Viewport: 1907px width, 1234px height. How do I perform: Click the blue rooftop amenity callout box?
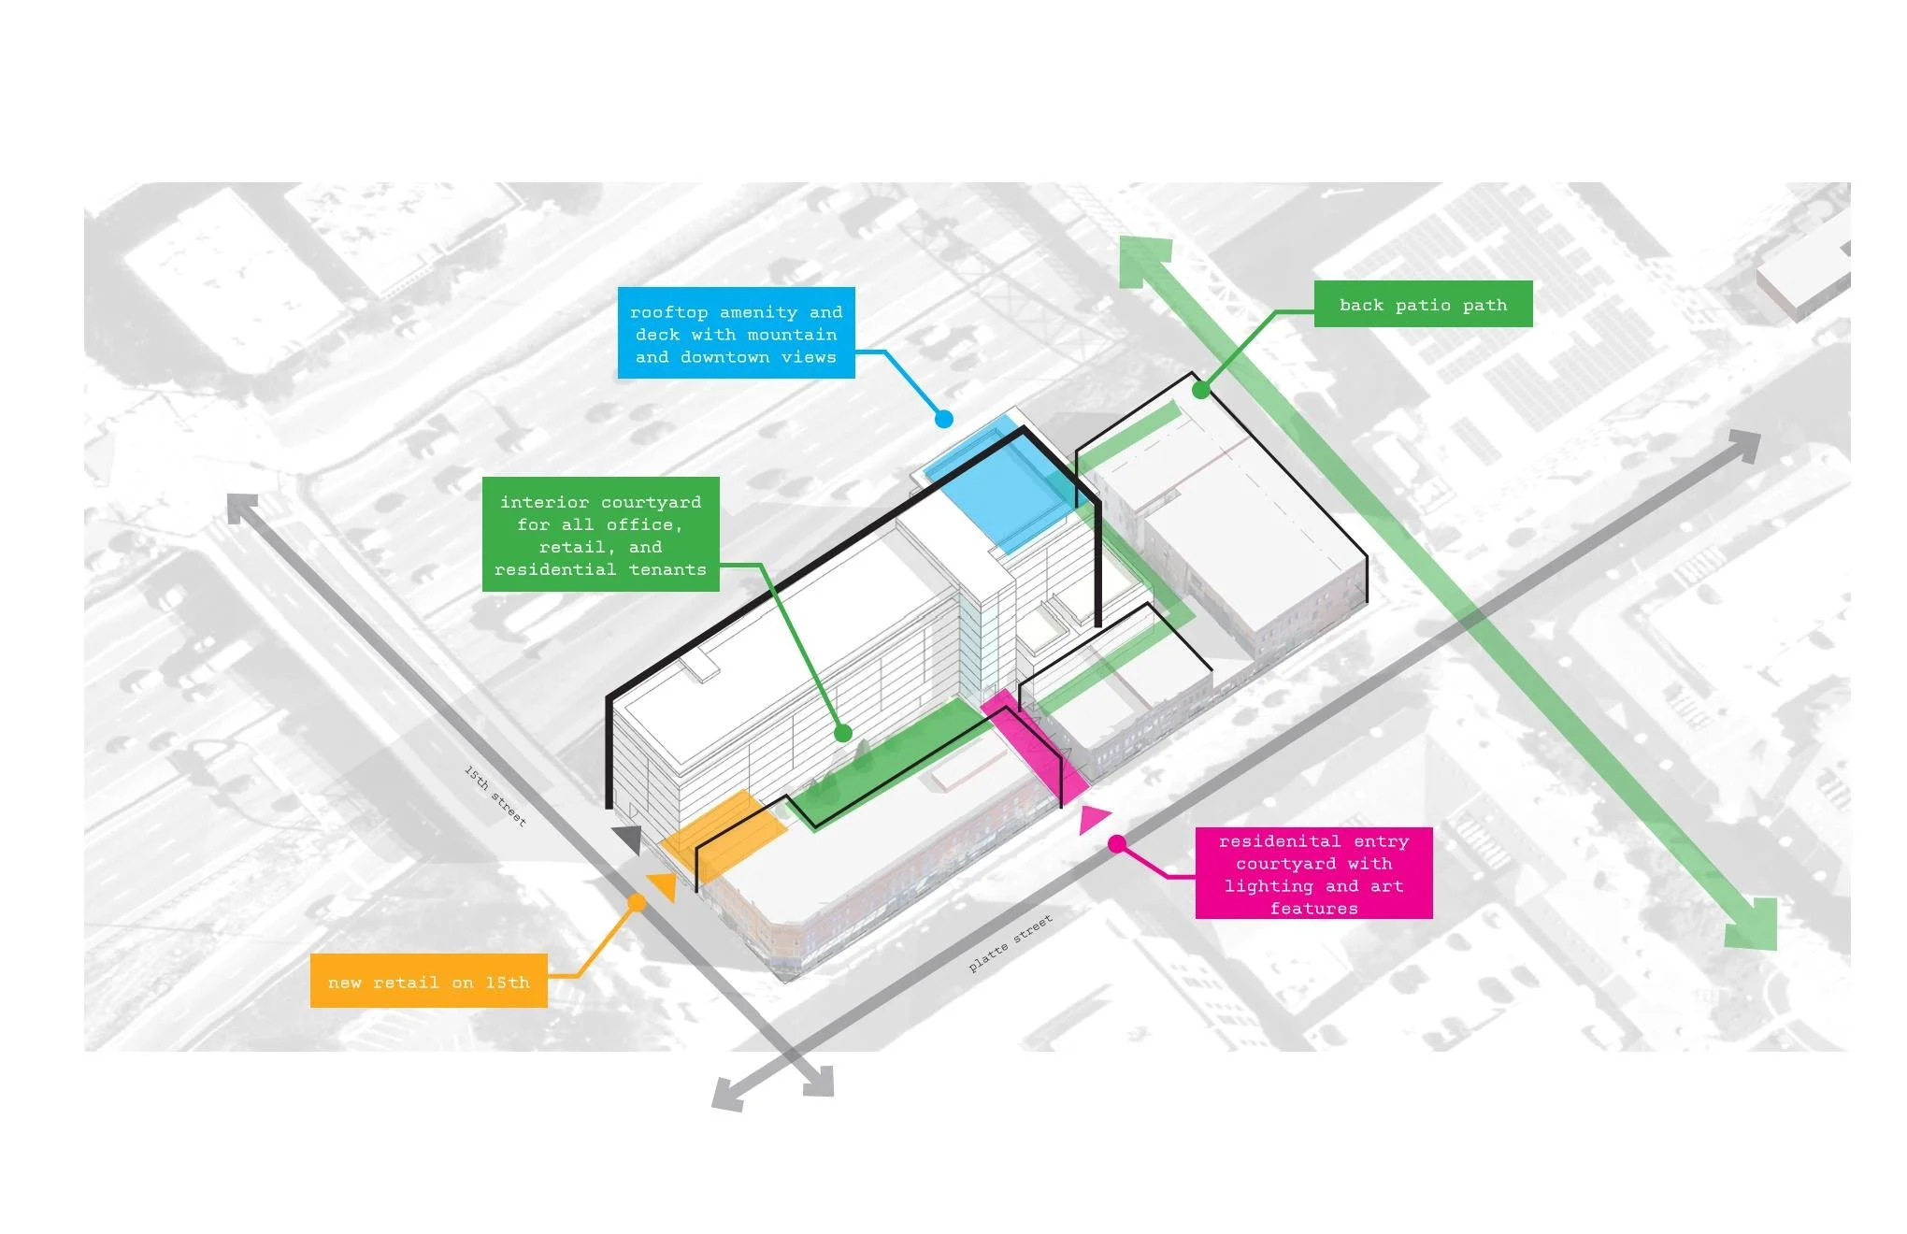click(736, 333)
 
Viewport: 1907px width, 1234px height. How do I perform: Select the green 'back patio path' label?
click(1423, 304)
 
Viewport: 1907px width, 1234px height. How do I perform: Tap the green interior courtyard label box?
click(600, 535)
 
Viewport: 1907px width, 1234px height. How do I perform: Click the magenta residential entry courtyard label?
click(1313, 873)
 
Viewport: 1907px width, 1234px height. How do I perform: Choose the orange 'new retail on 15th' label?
click(428, 981)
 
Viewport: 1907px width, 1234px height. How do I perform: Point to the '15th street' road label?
click(495, 796)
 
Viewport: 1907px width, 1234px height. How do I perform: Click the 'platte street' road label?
click(1011, 942)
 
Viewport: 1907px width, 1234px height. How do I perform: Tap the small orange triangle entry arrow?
click(664, 885)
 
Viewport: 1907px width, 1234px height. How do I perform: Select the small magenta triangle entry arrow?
click(1092, 819)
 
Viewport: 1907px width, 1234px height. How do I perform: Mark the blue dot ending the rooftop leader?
click(944, 419)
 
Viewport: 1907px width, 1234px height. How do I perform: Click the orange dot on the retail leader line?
click(637, 902)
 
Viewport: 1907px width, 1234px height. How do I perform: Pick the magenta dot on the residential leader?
click(1116, 844)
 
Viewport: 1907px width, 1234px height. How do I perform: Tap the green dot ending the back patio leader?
click(1201, 391)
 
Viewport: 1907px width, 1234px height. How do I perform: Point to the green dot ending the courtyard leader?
click(842, 734)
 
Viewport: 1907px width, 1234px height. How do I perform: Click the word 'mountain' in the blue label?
click(792, 334)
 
